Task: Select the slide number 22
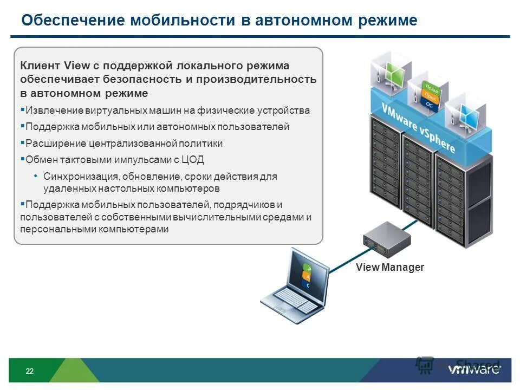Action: [x=29, y=371]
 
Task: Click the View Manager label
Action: [x=390, y=267]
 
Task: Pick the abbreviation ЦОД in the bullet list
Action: [x=193, y=160]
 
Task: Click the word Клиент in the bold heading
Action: [x=41, y=66]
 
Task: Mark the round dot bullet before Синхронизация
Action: [x=36, y=176]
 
